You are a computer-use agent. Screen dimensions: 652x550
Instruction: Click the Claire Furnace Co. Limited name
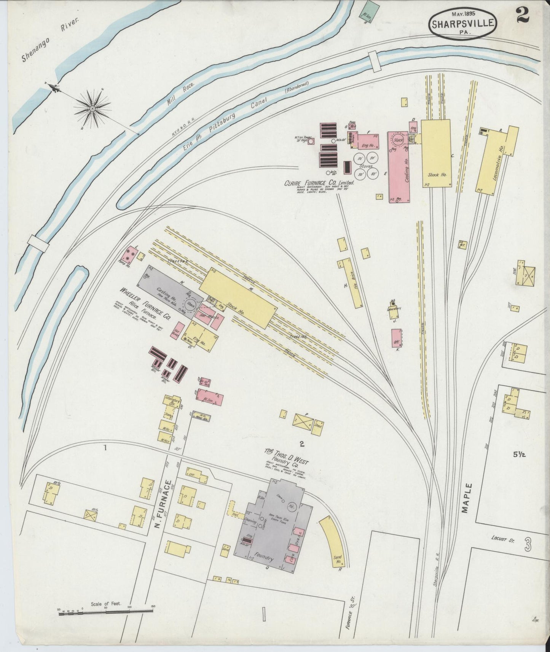tap(319, 183)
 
